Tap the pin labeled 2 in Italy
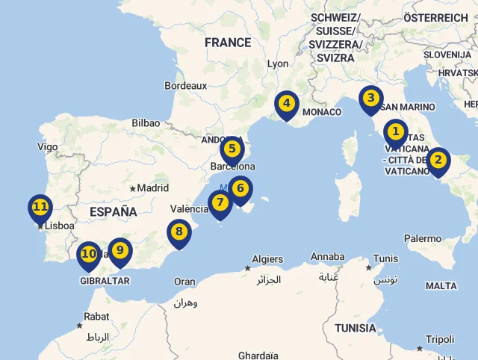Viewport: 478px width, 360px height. tap(438, 159)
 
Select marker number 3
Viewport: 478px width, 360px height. tap(370, 99)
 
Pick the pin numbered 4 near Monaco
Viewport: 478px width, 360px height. tap(286, 103)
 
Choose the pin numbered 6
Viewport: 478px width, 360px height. tap(240, 188)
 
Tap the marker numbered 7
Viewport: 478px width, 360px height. tap(220, 202)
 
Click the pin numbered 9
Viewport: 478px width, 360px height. tap(119, 250)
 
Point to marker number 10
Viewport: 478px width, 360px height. tap(89, 255)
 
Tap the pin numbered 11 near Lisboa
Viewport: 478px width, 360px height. tap(40, 207)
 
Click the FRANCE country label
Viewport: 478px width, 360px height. tap(228, 43)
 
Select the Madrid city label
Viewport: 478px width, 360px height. tap(153, 188)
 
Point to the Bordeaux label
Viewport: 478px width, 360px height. tap(186, 86)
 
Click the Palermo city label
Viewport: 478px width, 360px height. tap(423, 238)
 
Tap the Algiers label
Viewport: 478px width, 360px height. tap(267, 259)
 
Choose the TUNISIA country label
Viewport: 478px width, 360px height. tap(356, 328)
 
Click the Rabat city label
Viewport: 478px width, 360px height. tap(96, 317)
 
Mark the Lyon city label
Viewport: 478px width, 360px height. tap(278, 64)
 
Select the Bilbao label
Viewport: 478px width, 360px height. tap(146, 123)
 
